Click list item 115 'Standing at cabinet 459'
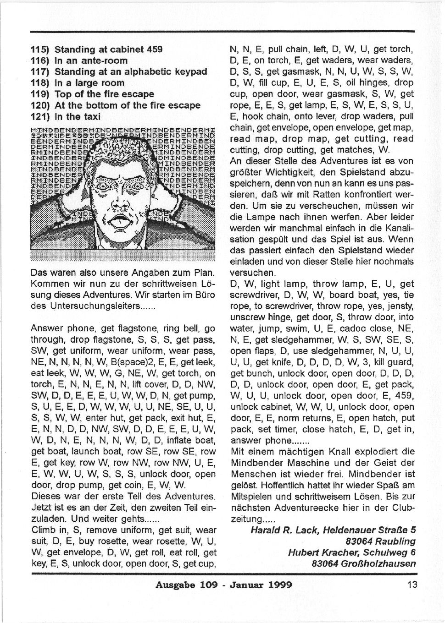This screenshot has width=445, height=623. pos(96,49)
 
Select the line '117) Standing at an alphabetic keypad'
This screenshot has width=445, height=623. pos(119,72)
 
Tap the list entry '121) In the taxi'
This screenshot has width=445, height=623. pos(65,117)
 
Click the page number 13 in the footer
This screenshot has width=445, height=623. pos(411,584)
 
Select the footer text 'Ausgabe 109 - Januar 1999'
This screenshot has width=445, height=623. pos(223,585)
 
